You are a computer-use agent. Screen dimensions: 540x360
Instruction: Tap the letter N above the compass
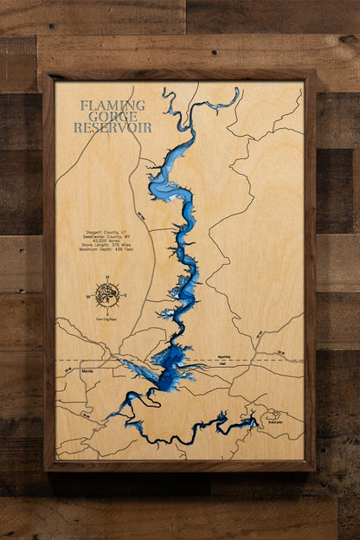click(x=106, y=279)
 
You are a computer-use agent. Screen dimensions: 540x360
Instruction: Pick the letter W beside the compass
click(x=88, y=295)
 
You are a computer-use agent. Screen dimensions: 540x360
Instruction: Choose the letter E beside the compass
click(x=125, y=295)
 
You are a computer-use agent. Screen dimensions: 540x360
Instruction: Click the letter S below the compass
click(x=106, y=311)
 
